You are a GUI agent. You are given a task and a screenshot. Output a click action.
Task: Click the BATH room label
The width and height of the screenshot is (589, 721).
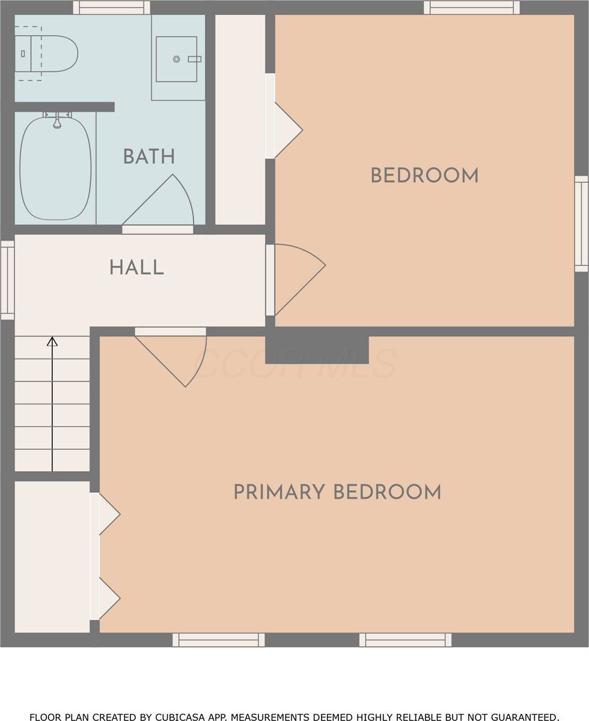148,157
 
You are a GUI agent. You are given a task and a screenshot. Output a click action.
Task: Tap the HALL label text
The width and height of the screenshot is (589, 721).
136,267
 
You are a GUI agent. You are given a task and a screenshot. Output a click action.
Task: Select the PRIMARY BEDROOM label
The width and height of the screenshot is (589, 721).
337,492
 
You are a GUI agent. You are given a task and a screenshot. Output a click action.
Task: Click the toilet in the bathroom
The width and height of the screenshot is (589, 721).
46,54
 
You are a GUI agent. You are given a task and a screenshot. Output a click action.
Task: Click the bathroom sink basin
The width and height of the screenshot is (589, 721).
176,59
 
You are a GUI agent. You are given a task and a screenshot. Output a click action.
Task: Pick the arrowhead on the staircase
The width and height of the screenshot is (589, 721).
52,342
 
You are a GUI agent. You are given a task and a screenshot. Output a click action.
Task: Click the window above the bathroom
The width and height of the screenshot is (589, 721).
111,7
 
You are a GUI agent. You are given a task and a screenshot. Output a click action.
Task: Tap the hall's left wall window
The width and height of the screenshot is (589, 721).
7,280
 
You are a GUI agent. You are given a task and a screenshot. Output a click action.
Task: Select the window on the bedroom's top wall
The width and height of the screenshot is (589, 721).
471,7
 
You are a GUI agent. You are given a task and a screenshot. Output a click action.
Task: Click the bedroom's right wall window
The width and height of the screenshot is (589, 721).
581,224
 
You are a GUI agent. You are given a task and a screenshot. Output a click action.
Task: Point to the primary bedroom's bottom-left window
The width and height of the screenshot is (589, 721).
218,640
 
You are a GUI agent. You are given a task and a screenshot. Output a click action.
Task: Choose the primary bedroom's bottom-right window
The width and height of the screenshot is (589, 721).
405,640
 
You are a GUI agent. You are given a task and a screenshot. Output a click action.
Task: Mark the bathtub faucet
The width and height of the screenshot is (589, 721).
57,122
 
